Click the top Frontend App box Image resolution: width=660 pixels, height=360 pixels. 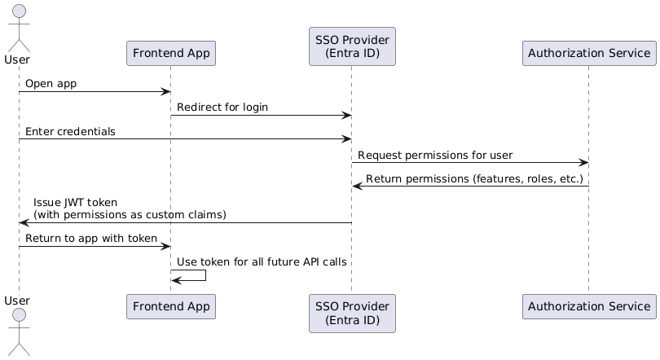[x=171, y=54]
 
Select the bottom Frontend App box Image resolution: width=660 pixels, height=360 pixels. [x=171, y=306]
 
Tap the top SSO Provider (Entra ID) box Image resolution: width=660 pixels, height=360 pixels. [x=352, y=46]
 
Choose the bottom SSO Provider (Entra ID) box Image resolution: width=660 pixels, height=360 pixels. [x=352, y=314]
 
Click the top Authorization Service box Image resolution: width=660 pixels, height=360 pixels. [x=589, y=54]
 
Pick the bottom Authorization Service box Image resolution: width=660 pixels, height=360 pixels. [x=589, y=306]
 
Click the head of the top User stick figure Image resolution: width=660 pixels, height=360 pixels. [x=20, y=11]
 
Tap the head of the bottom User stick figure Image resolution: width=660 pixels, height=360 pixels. [x=20, y=315]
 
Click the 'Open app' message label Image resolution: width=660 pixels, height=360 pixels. [x=51, y=84]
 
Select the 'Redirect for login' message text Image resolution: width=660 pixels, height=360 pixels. [x=222, y=108]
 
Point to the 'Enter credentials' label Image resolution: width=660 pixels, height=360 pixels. [x=70, y=132]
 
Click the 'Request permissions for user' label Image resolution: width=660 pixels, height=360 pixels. [x=435, y=156]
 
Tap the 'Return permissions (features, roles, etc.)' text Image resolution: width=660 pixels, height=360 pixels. [x=474, y=178]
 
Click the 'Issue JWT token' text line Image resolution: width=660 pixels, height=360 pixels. [x=75, y=203]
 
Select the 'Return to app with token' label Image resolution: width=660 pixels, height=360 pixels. [x=91, y=239]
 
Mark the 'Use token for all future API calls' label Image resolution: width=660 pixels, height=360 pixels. [x=262, y=262]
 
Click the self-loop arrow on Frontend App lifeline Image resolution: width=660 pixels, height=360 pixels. [x=205, y=275]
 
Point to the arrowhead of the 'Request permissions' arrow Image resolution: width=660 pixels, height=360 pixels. [x=583, y=162]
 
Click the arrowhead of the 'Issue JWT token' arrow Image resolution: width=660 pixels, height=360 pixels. [x=24, y=222]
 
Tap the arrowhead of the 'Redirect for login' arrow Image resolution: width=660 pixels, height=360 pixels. [x=347, y=115]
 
